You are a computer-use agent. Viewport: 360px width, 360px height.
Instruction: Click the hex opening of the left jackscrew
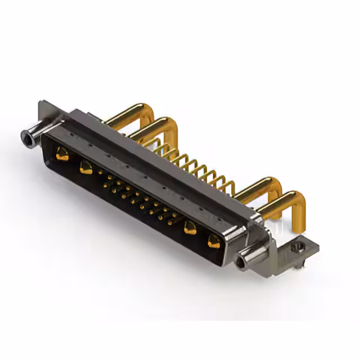tap(25, 136)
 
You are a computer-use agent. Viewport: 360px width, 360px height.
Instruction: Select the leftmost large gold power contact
tap(62, 154)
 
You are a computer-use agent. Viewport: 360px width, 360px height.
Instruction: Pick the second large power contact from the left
tap(86, 166)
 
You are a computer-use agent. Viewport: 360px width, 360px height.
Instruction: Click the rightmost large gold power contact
tap(214, 242)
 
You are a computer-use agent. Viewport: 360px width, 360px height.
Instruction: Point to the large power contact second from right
tap(190, 228)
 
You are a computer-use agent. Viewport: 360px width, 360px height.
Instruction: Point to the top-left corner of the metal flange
tap(40, 103)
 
